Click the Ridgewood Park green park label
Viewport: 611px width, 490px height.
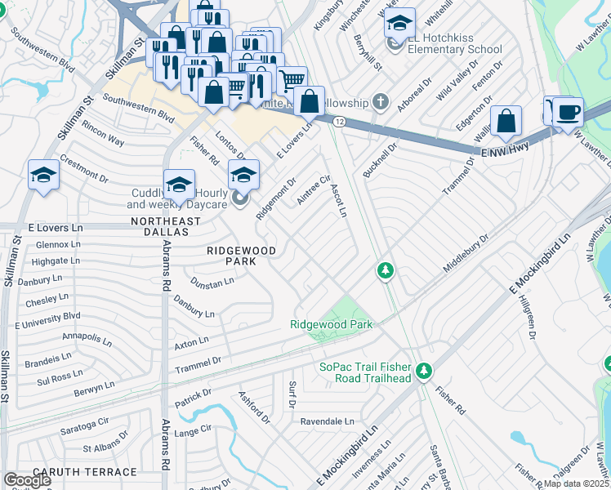pos(331,324)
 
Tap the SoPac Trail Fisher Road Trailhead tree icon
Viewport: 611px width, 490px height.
pos(423,372)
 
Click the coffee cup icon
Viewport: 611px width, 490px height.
pos(568,113)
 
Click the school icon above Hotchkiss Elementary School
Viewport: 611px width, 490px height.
pos(399,24)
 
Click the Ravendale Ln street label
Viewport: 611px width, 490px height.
pos(327,421)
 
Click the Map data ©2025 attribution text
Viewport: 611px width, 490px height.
pos(577,483)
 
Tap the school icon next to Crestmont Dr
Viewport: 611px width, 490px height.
pos(43,175)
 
